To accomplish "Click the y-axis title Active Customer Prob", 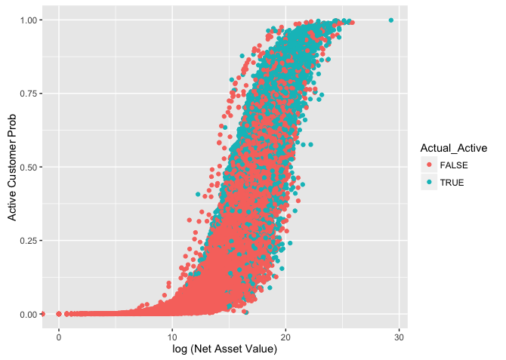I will coord(12,167).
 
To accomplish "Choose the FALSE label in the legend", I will coord(455,166).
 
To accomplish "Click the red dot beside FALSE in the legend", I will coord(430,166).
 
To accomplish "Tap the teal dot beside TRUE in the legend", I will coord(430,182).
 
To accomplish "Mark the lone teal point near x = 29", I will coord(390,20).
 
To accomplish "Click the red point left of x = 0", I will coord(43,314).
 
